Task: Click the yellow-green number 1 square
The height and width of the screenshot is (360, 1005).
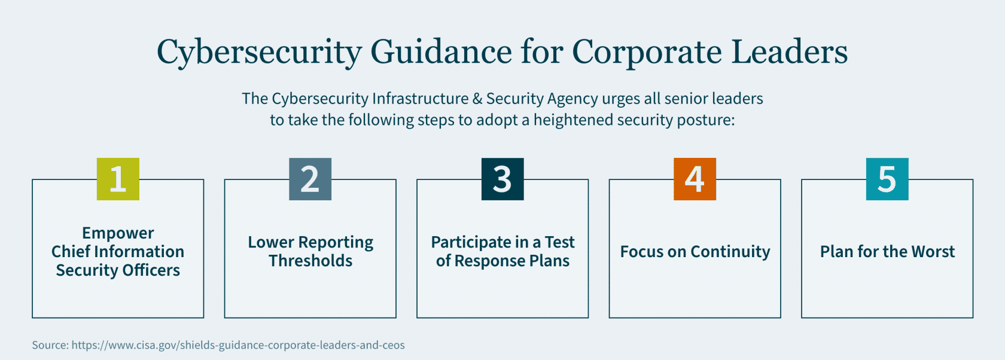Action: (x=118, y=179)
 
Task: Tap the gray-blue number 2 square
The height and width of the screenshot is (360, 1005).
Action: (x=310, y=179)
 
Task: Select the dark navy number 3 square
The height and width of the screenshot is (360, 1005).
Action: (x=502, y=179)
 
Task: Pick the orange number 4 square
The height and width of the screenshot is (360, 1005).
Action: (x=695, y=179)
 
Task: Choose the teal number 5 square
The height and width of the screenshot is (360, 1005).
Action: (x=887, y=179)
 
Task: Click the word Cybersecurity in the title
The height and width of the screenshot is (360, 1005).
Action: (x=258, y=52)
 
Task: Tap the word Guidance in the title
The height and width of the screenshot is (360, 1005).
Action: (x=441, y=52)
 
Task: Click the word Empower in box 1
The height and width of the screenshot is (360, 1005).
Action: (x=118, y=233)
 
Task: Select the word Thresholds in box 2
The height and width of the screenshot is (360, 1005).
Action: (x=310, y=261)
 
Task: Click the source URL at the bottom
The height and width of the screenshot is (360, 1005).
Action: (x=238, y=345)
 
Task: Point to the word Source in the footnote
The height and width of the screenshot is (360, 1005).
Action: (x=50, y=345)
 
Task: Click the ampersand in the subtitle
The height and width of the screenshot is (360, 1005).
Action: (x=477, y=99)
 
